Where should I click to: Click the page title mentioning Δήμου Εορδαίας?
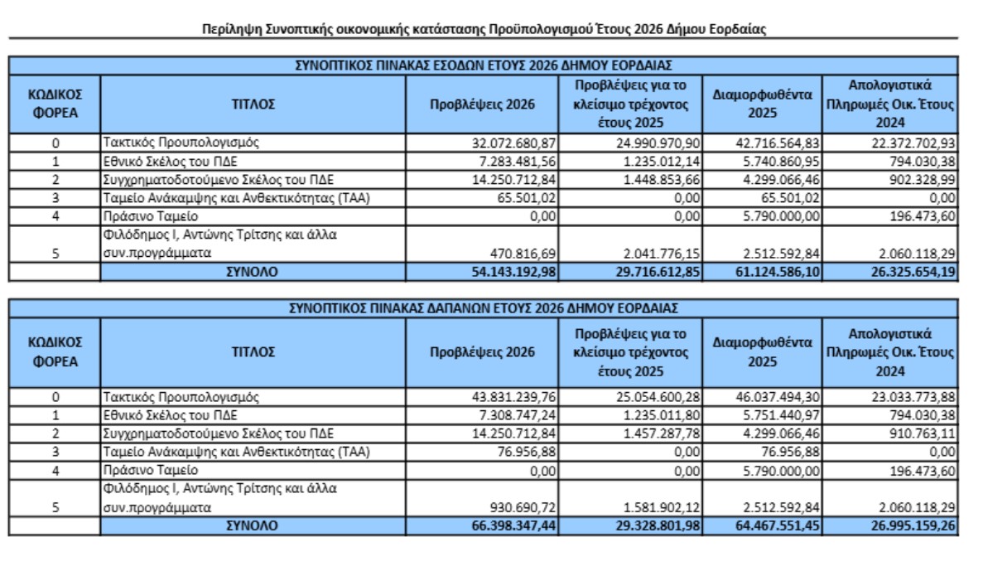(484, 30)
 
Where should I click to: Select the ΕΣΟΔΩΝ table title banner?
(484, 64)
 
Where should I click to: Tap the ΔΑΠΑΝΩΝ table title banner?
(484, 308)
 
